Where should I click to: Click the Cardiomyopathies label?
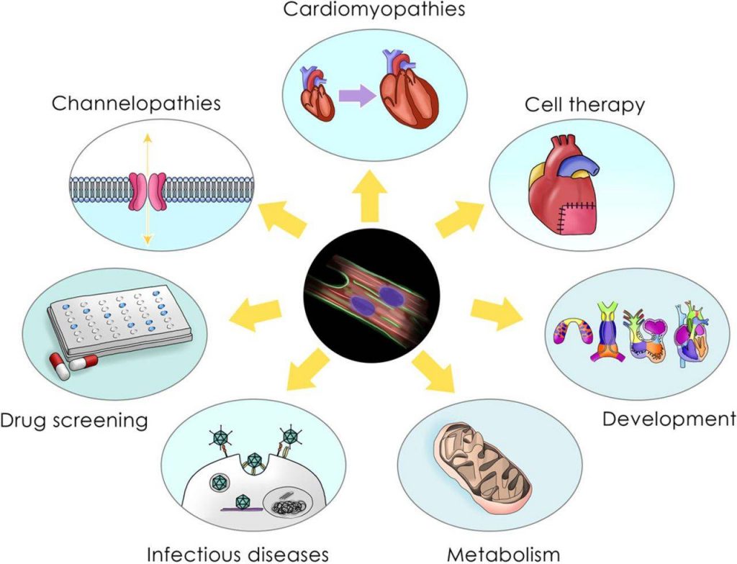coord(374,9)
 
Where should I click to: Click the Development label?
coord(669,419)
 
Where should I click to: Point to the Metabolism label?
coord(503,554)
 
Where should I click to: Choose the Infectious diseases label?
coord(238,554)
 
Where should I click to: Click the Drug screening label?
coord(74,419)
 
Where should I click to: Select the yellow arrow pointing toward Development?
coord(496,311)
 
